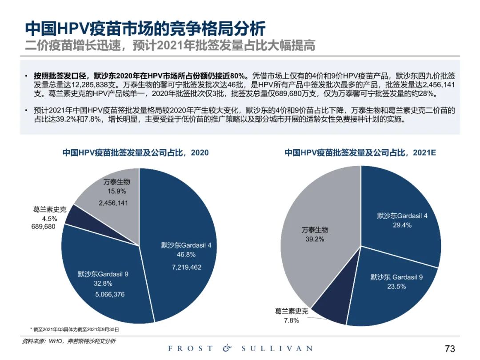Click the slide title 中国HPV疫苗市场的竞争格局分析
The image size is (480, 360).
(x=145, y=29)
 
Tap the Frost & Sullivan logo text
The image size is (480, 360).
(x=240, y=348)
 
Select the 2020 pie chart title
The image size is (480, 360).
(x=135, y=152)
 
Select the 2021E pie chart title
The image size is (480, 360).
(x=360, y=152)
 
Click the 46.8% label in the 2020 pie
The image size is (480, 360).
(x=186, y=255)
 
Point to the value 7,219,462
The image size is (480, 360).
(x=186, y=267)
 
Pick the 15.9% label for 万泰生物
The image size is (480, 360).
(x=116, y=192)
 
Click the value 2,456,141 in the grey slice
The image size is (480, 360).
(x=116, y=203)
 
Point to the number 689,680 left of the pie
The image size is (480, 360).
(x=43, y=227)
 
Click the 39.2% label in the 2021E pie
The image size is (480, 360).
(x=314, y=239)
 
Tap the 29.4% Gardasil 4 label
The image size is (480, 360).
(x=402, y=225)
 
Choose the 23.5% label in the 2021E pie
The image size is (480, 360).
(x=396, y=287)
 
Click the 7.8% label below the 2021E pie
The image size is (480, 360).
(x=292, y=320)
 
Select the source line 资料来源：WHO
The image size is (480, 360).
(x=68, y=341)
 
